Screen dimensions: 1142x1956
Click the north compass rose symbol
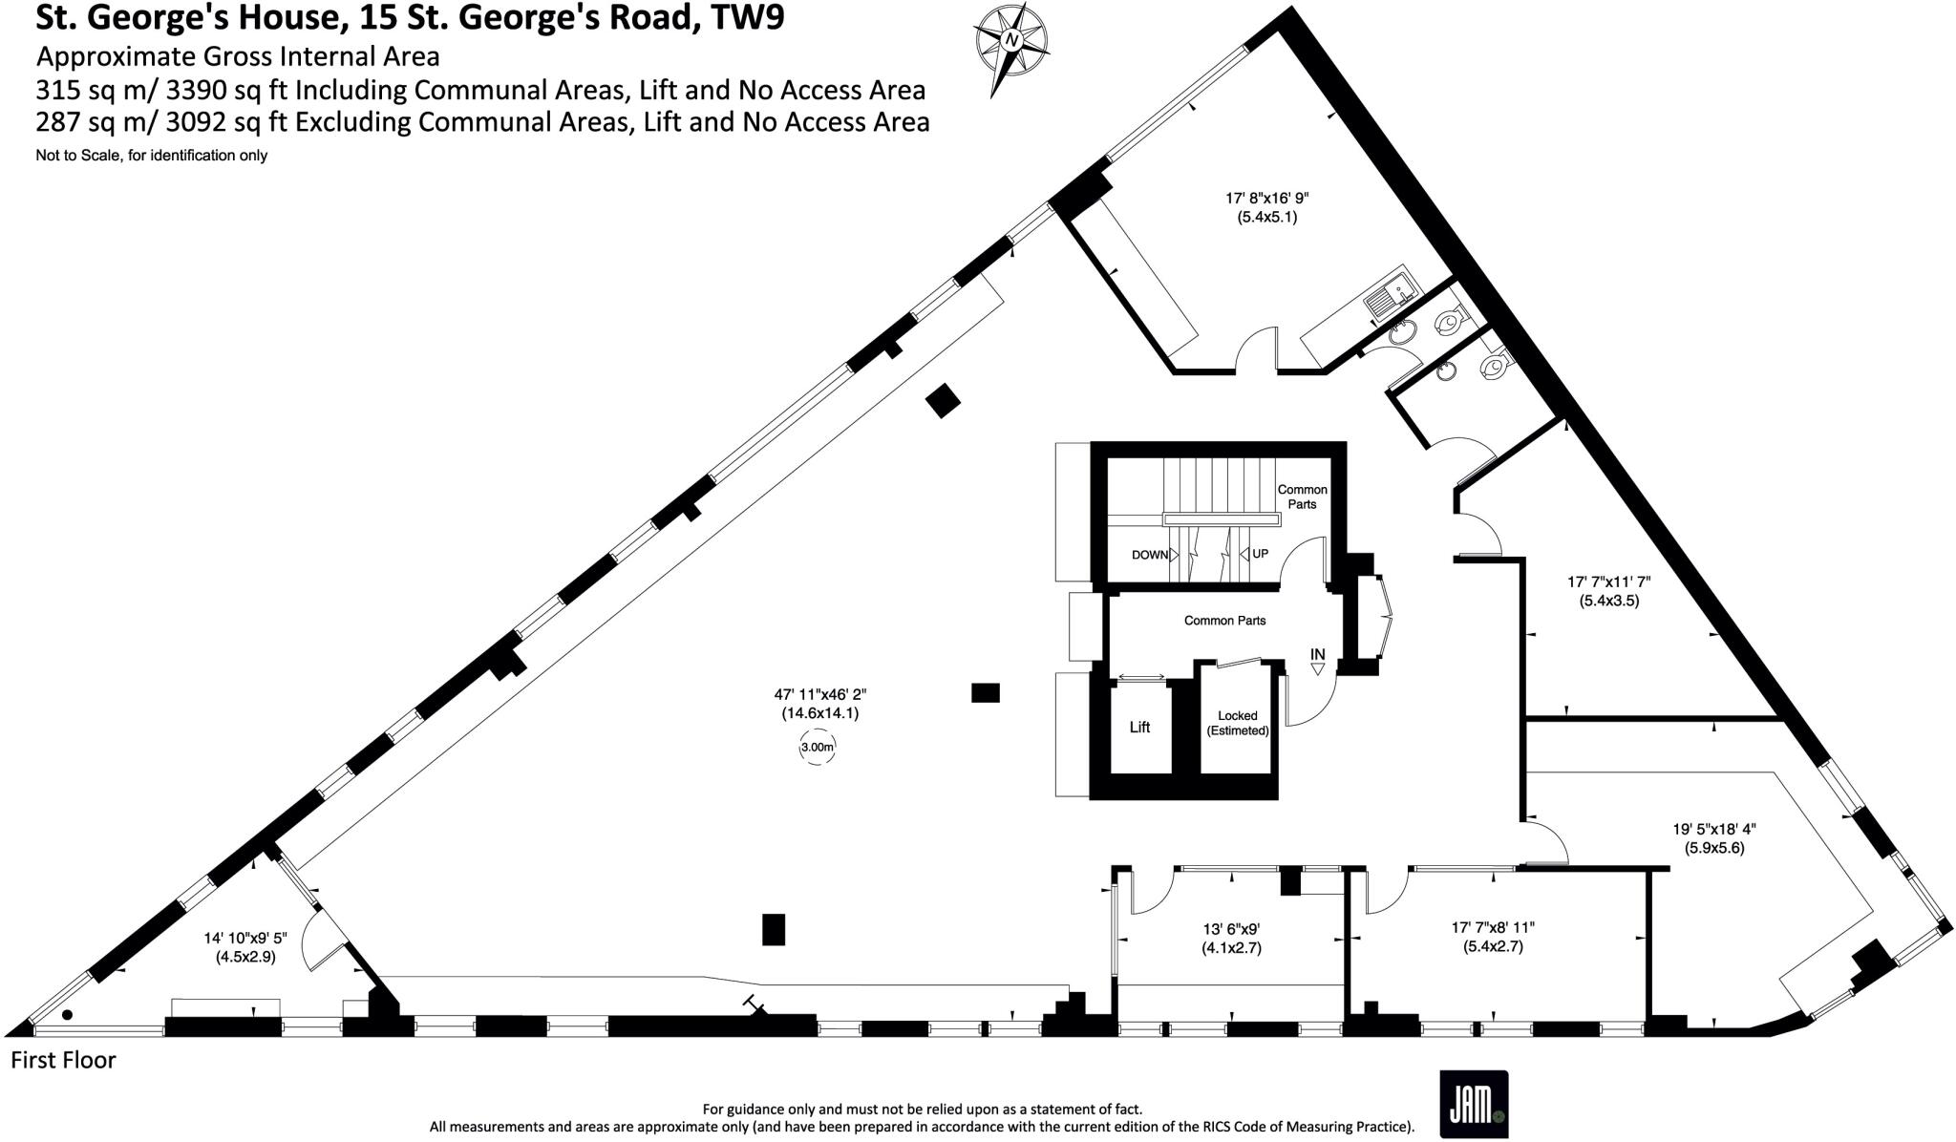1010,42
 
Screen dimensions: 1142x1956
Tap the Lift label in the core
1139,727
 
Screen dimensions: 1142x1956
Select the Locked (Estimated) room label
1237,723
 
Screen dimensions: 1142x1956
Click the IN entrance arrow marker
1318,661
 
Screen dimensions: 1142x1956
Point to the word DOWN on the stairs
1150,555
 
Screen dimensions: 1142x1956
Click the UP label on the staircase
1260,554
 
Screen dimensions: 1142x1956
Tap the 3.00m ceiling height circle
817,748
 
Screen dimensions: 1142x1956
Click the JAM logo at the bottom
1473,1104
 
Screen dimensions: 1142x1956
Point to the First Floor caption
63,1060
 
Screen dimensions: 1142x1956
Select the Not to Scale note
151,156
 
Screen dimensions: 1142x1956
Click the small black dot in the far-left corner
67,1015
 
